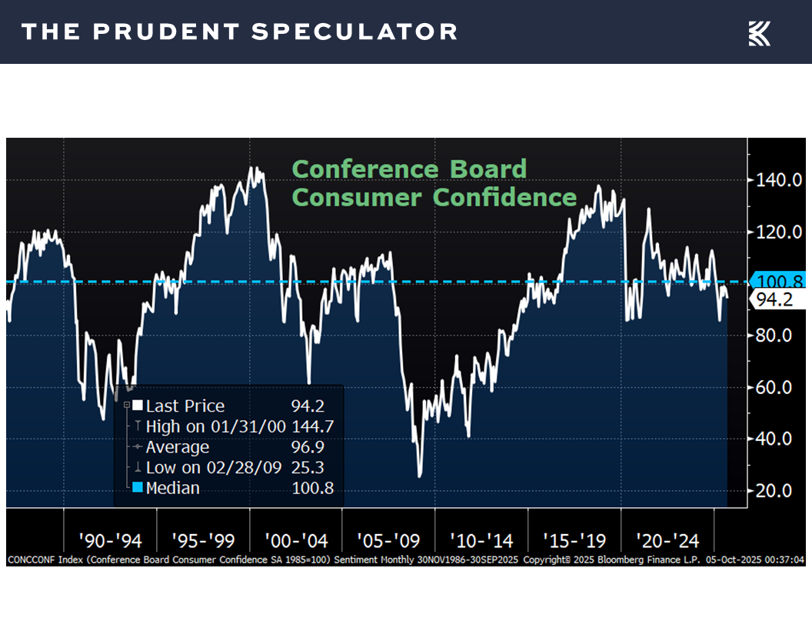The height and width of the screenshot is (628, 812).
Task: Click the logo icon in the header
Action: click(759, 33)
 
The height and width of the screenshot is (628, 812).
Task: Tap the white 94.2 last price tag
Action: click(774, 300)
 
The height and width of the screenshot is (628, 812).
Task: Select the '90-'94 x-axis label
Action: click(110, 540)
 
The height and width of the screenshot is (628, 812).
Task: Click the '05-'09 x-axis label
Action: click(388, 540)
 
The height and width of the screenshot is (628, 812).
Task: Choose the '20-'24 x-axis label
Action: click(667, 540)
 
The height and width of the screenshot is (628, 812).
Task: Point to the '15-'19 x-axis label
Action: click(574, 540)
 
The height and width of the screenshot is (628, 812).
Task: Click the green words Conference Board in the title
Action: click(410, 169)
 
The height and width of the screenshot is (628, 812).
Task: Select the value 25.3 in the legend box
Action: click(317, 467)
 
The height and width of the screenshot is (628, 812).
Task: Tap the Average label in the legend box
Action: click(177, 447)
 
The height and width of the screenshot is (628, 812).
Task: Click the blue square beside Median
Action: click(138, 488)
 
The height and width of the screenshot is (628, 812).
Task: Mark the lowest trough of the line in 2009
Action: click(420, 476)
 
